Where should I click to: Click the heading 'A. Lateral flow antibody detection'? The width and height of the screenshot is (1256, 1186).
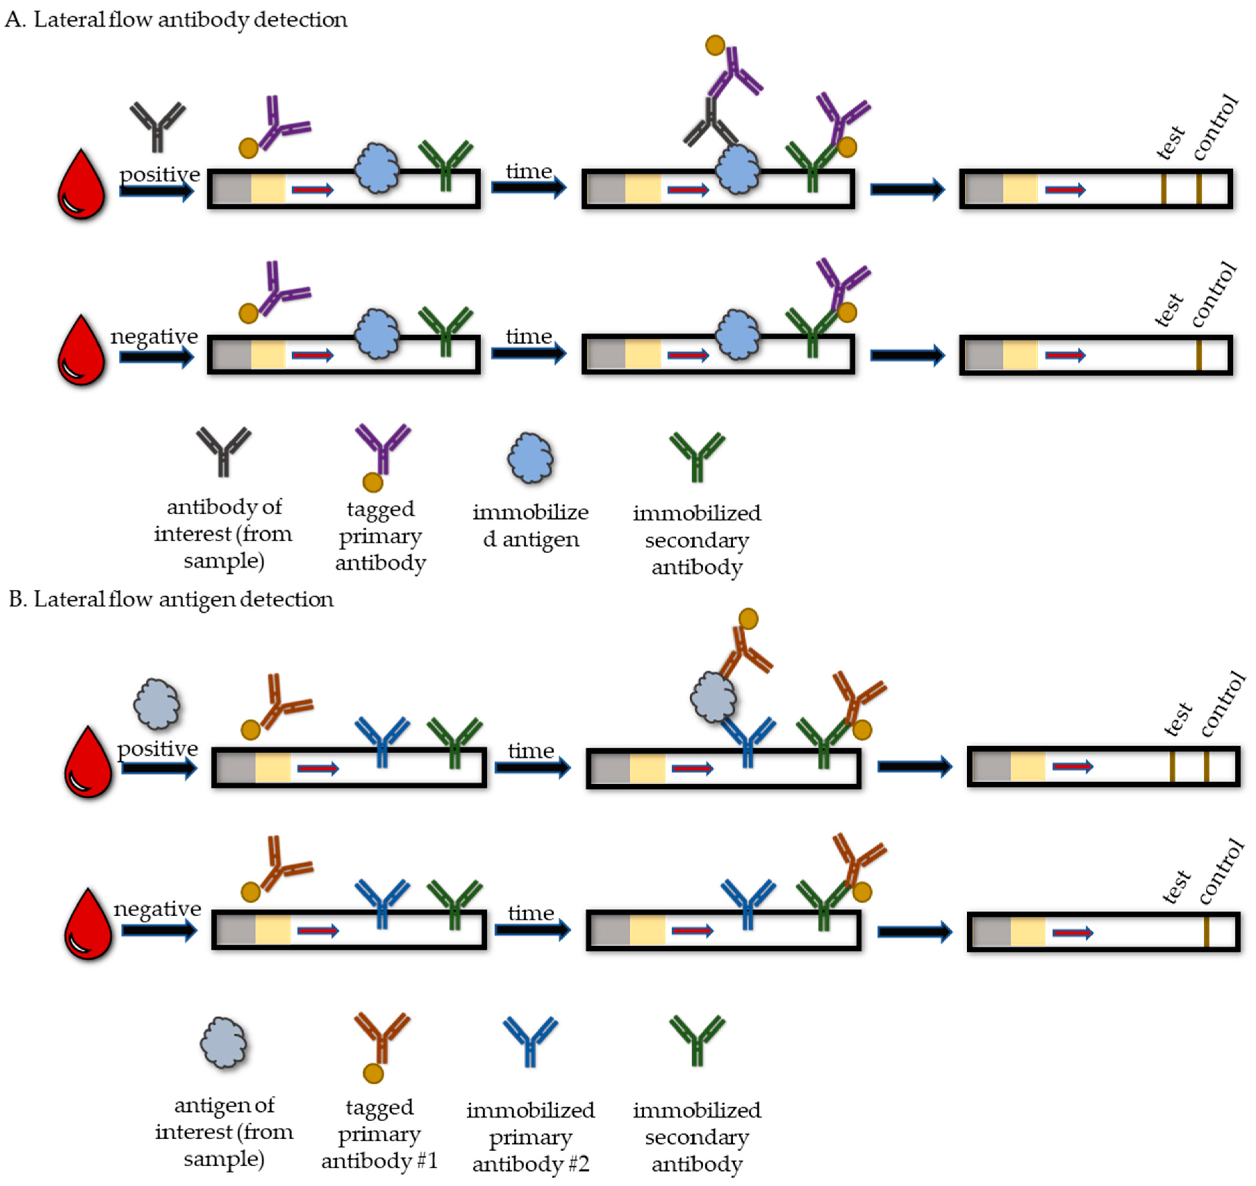click(176, 19)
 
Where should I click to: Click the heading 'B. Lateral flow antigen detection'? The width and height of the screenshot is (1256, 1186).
click(171, 599)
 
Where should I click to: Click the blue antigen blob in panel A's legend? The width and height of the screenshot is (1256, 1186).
click(530, 458)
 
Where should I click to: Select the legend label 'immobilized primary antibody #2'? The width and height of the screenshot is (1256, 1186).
click(530, 1136)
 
